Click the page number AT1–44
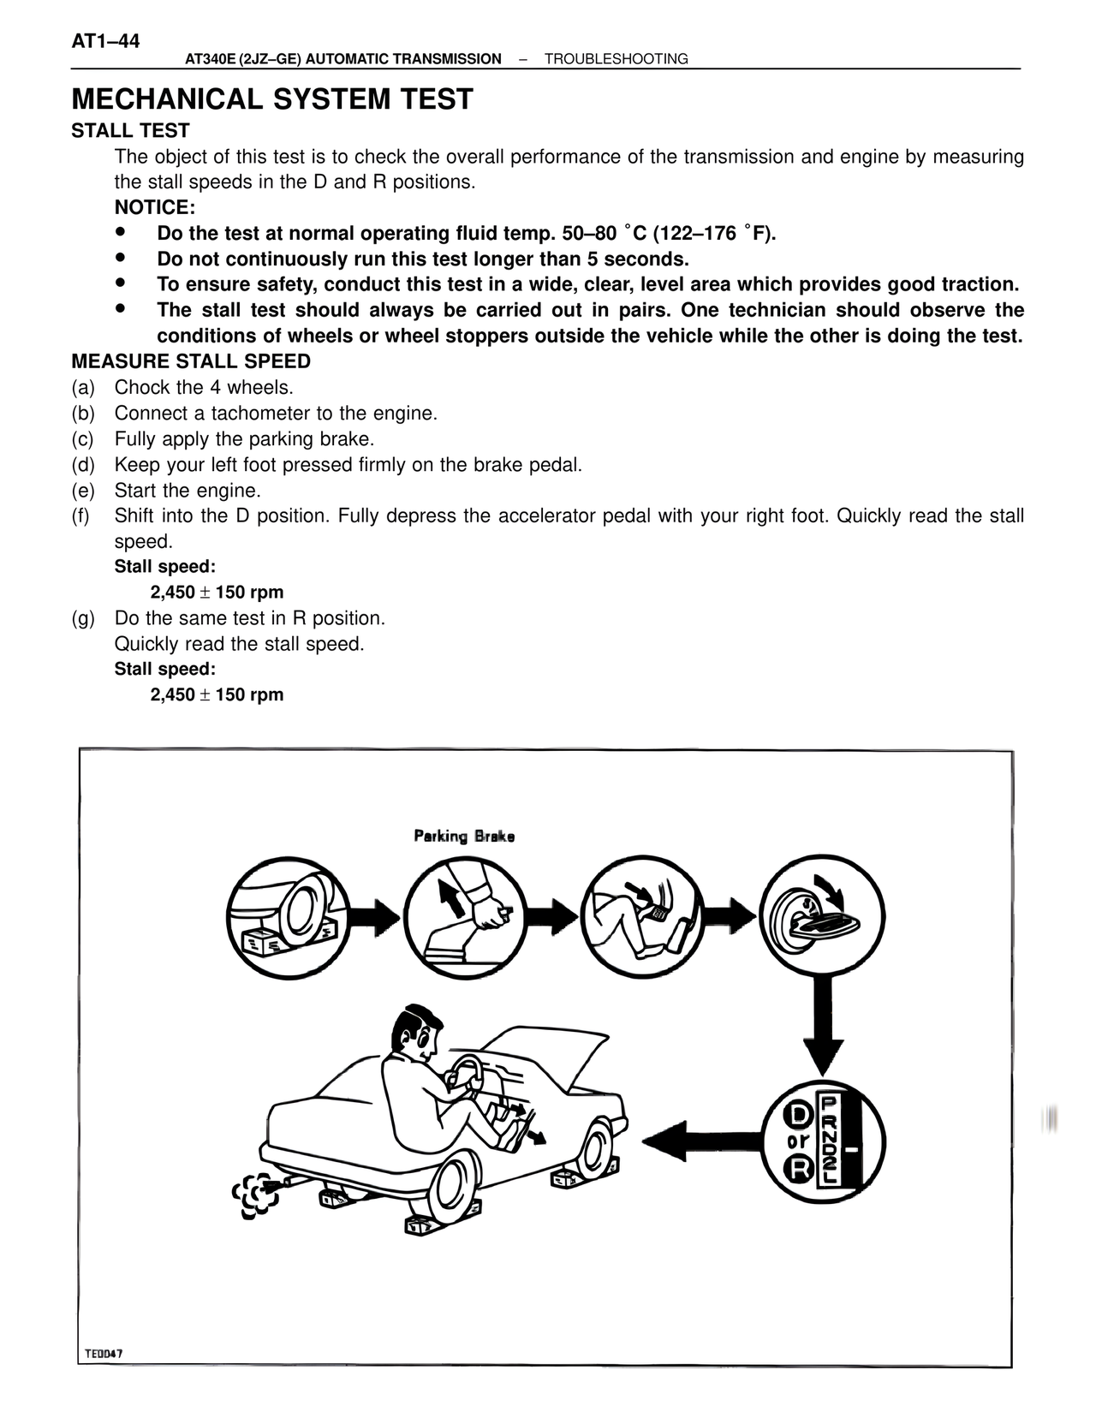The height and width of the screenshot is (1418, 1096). (x=105, y=42)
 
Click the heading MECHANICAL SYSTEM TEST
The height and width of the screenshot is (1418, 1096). (x=271, y=99)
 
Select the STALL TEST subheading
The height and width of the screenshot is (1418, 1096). (x=130, y=131)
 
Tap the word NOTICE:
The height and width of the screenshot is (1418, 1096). (x=155, y=208)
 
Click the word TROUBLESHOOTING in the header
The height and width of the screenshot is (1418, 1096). (x=616, y=59)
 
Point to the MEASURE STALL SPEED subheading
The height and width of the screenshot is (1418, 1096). (x=191, y=361)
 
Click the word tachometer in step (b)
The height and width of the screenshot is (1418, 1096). (x=260, y=414)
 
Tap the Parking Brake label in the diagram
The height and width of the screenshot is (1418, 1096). (x=464, y=836)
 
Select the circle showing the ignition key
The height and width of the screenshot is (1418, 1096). (x=822, y=917)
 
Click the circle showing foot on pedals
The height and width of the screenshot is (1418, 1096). (x=644, y=917)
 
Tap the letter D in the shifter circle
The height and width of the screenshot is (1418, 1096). (x=800, y=1114)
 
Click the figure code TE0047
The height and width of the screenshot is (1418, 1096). (x=104, y=1354)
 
